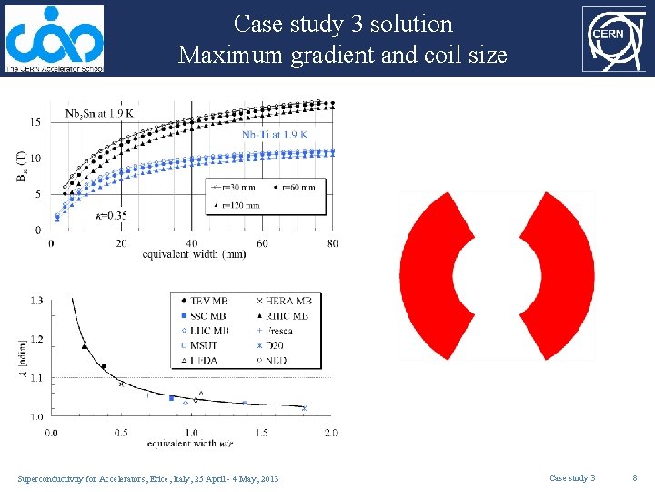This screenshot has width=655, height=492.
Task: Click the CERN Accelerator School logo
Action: (x=55, y=38)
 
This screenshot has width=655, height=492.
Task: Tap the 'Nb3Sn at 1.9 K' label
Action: (x=99, y=113)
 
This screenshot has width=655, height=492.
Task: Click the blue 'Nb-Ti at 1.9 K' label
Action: (x=274, y=135)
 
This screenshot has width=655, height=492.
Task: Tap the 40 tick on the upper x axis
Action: (x=191, y=243)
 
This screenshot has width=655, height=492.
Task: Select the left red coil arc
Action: (x=433, y=275)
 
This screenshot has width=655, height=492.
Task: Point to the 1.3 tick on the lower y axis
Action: (x=36, y=301)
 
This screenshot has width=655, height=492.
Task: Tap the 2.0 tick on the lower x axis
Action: (x=329, y=433)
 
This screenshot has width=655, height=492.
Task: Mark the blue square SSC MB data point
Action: (x=171, y=398)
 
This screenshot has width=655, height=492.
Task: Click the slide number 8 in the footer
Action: (x=634, y=478)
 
